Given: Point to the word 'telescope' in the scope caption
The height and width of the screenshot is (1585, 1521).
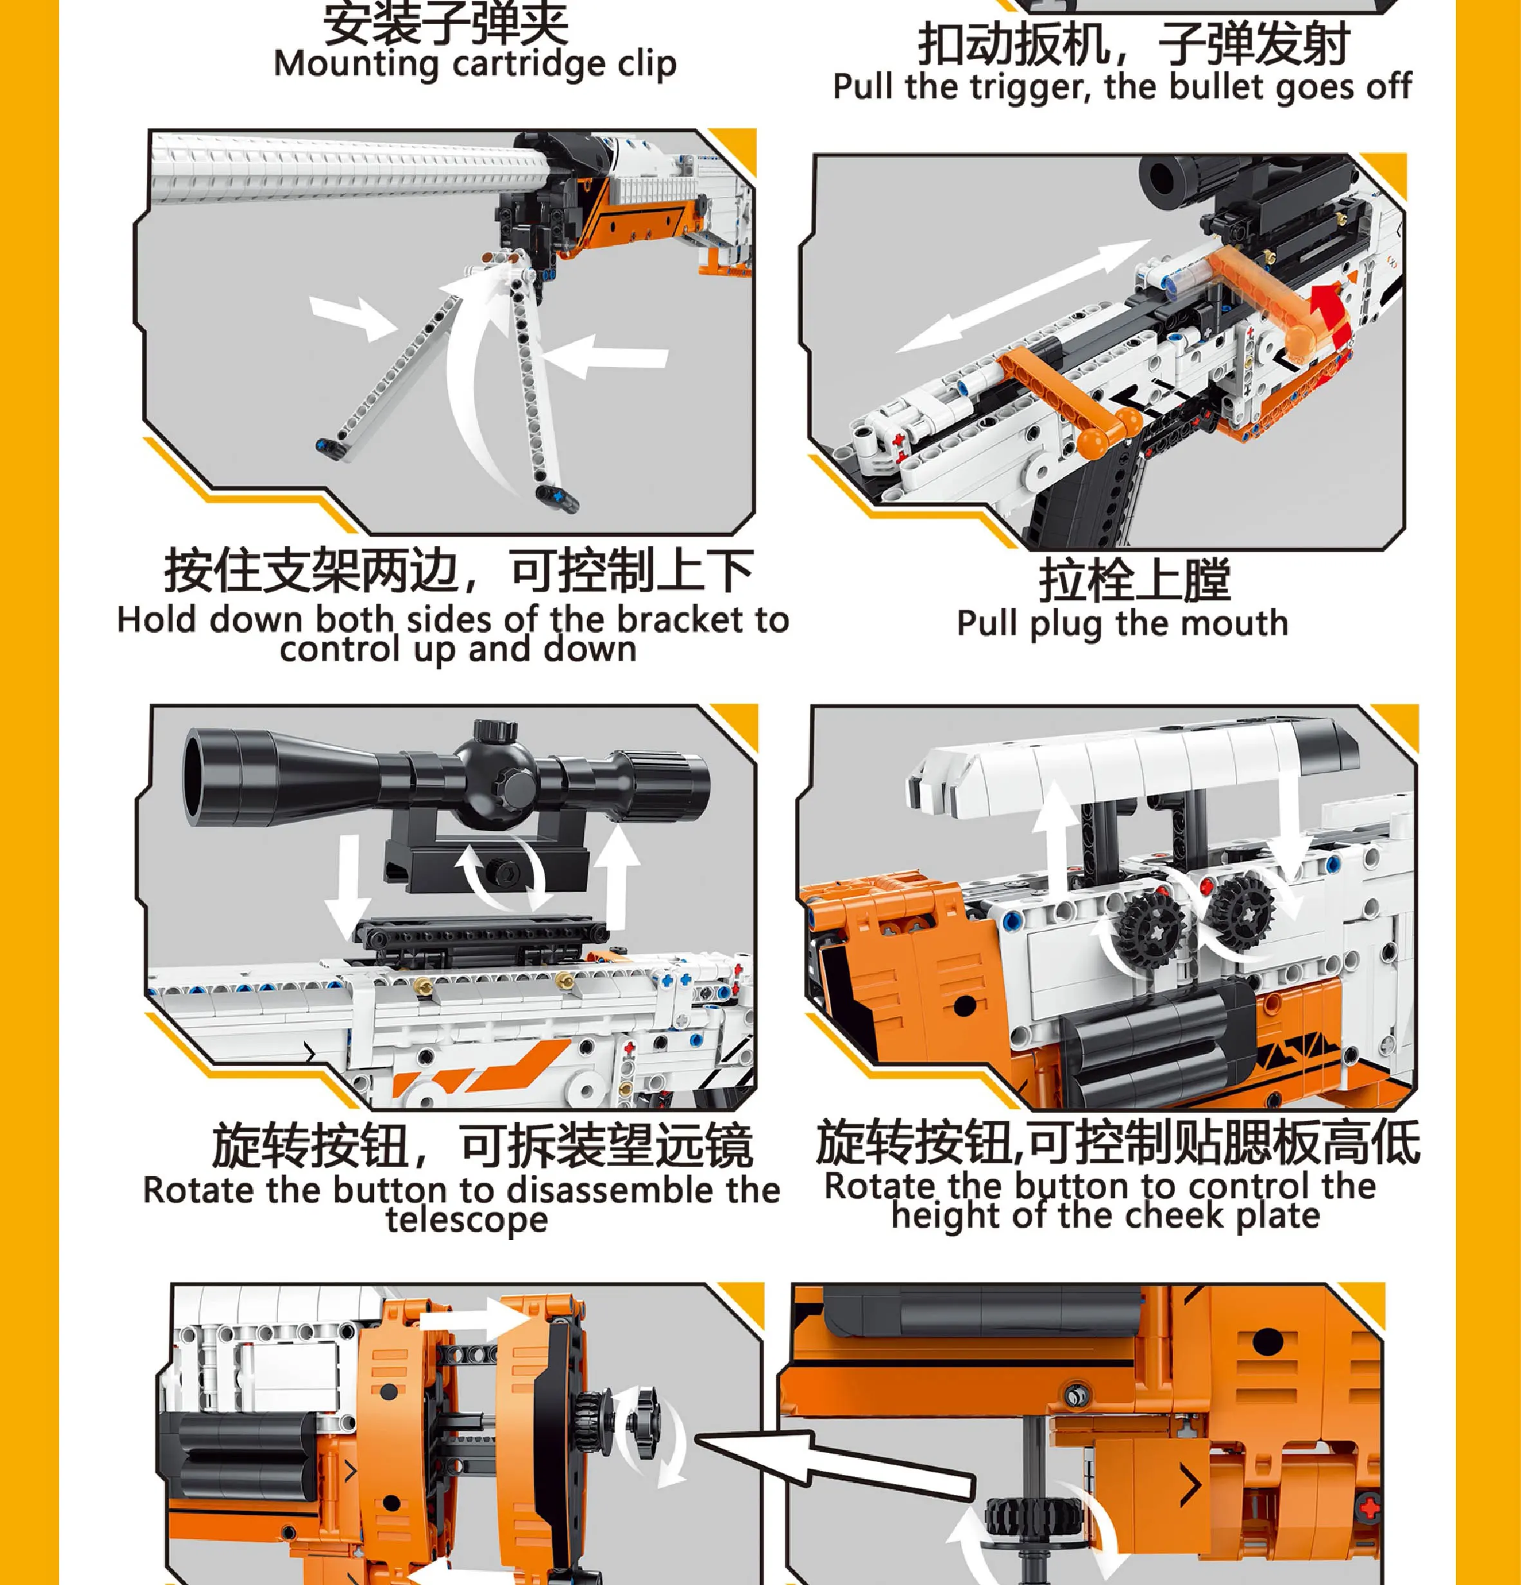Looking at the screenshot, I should click(x=467, y=1219).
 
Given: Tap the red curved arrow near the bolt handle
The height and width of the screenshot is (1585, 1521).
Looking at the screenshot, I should click(x=1329, y=317).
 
